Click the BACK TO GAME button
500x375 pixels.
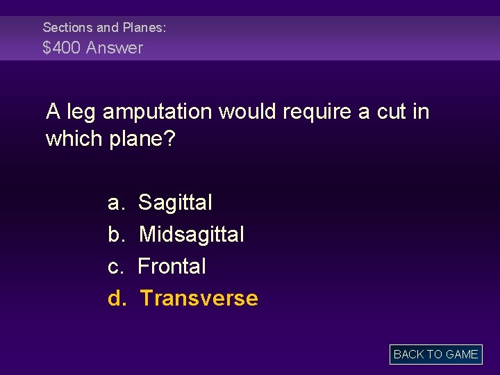[x=435, y=354]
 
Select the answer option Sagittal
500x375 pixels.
[x=175, y=203]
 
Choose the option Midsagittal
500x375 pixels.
[x=192, y=235]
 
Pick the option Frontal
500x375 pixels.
[x=172, y=267]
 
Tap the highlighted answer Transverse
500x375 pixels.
[x=199, y=299]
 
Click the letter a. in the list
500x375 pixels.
[x=116, y=203]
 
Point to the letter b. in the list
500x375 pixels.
[x=116, y=235]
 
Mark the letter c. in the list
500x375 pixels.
[x=116, y=267]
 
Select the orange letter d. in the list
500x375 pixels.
[x=116, y=299]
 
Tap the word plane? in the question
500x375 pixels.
[x=143, y=139]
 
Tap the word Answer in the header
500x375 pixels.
[x=119, y=48]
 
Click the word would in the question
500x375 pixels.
[x=250, y=112]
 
